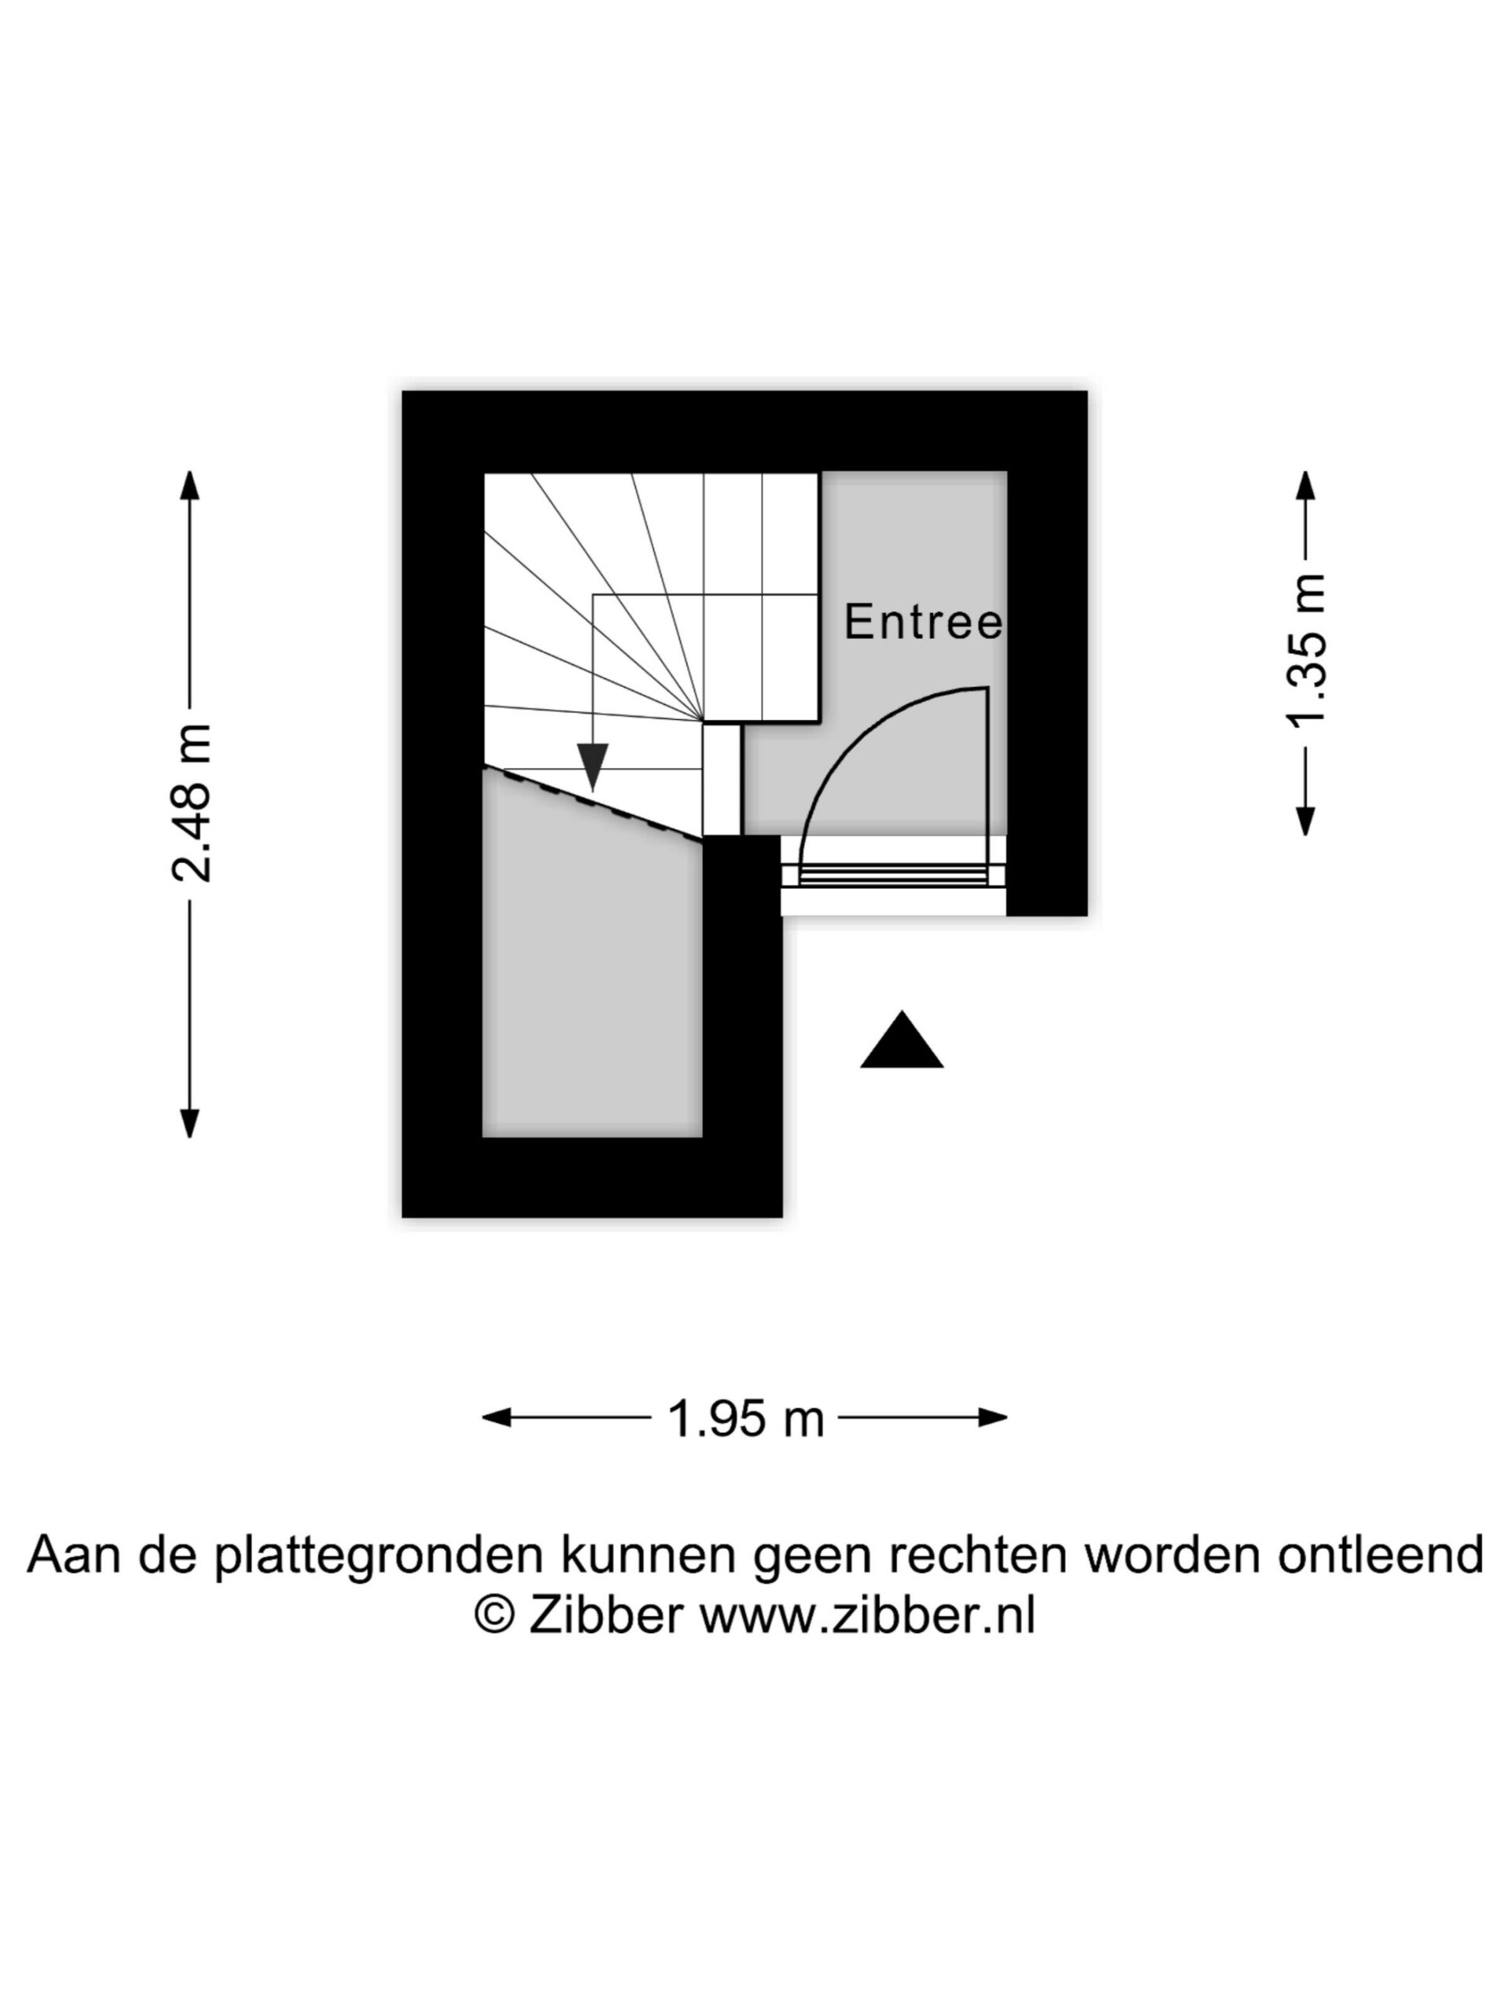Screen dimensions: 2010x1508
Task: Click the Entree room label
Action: pos(923,623)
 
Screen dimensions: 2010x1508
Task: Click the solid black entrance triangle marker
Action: pos(902,1042)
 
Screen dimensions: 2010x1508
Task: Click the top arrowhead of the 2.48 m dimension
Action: pos(189,485)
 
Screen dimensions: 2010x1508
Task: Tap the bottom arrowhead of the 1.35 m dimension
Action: pos(1306,820)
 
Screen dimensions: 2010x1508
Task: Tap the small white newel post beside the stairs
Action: pos(722,779)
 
